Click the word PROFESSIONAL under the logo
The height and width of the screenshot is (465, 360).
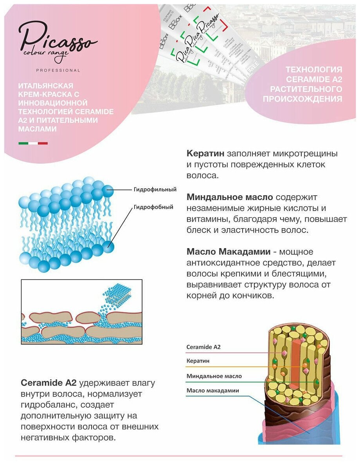[58, 70]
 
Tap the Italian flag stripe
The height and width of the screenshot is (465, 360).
[33, 143]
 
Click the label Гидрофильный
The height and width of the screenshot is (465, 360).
[155, 189]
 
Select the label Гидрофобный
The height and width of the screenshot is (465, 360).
[153, 207]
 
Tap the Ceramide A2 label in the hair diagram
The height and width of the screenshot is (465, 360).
[204, 347]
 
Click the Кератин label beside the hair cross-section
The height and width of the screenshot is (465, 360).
[198, 361]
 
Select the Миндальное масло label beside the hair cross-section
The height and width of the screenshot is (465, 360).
[214, 376]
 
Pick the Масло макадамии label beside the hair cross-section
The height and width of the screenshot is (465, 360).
[212, 390]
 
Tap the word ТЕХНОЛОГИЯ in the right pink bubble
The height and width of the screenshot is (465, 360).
[314, 70]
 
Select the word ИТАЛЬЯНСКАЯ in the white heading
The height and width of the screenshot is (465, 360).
[46, 85]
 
